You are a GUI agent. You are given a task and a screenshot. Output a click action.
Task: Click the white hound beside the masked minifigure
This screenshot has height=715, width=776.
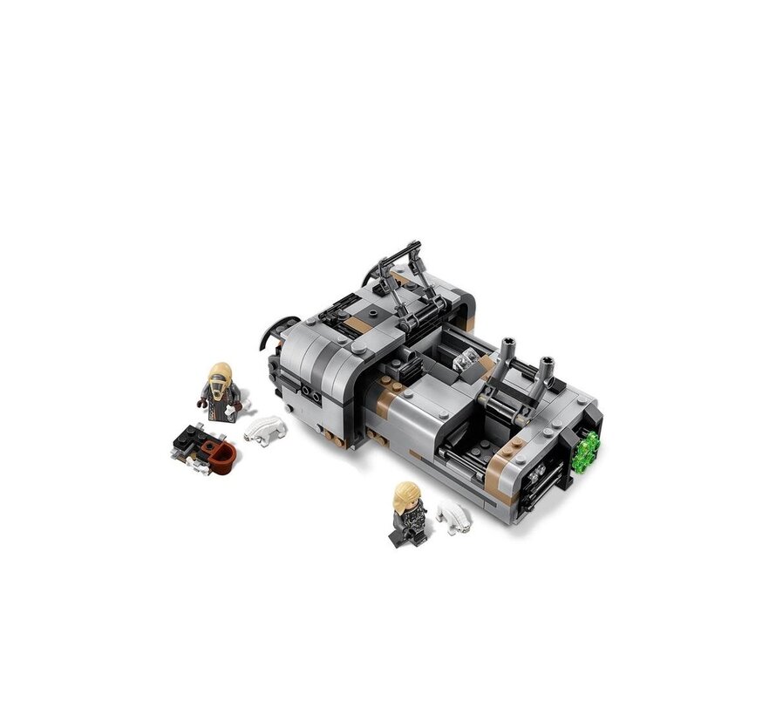(265, 429)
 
